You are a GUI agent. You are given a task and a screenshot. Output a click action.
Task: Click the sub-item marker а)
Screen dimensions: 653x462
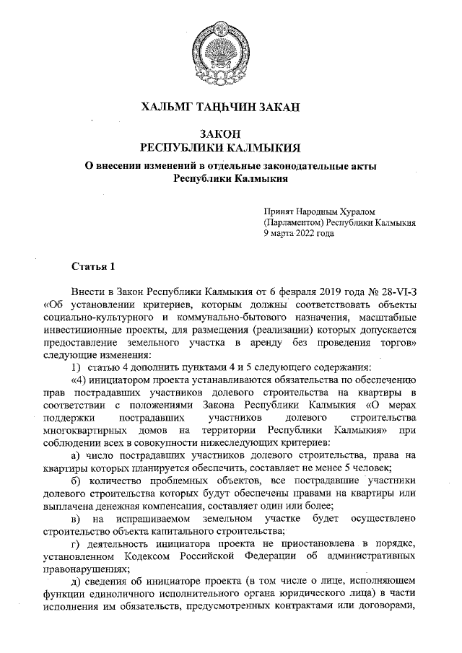pyautogui.click(x=74, y=435)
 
